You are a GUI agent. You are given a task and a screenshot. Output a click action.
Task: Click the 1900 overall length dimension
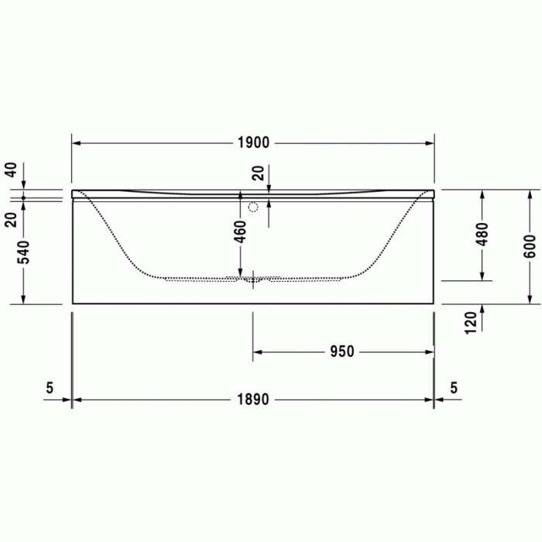tap(253, 142)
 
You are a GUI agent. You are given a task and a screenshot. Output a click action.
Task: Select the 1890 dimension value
tap(253, 400)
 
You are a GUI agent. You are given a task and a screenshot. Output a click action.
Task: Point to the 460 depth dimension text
tap(240, 231)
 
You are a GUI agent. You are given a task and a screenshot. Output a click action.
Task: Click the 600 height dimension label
tap(530, 245)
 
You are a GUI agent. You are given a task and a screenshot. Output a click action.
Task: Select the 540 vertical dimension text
tap(23, 252)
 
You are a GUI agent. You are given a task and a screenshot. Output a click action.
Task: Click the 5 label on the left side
tap(50, 388)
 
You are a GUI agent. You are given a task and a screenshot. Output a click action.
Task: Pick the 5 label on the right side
tap(454, 388)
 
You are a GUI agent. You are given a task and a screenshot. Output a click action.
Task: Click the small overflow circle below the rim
tap(253, 208)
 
